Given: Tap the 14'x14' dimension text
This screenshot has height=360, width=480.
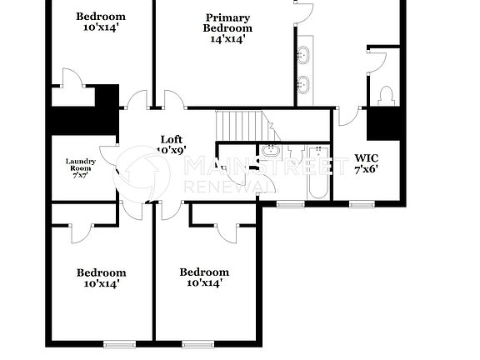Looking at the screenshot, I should (x=227, y=38).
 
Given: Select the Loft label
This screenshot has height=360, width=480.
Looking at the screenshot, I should (x=172, y=140).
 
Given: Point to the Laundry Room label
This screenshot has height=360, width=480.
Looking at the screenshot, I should (x=81, y=165).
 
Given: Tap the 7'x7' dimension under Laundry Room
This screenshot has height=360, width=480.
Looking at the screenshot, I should (x=81, y=176).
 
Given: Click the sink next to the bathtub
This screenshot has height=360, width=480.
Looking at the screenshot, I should (x=271, y=151).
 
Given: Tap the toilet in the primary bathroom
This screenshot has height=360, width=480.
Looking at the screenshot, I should (x=386, y=96).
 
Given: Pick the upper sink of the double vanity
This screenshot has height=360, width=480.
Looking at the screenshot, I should (x=303, y=56).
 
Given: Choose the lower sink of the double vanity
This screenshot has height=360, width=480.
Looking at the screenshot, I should (x=303, y=83).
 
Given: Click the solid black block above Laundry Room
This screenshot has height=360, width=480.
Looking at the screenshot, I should (x=82, y=120).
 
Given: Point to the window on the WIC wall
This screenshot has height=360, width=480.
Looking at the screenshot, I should (x=360, y=203).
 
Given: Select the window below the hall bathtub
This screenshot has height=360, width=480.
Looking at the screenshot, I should (x=290, y=203).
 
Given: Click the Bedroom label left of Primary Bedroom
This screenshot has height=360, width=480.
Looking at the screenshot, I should (x=101, y=17).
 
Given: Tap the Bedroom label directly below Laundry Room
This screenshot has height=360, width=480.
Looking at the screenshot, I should (x=101, y=272).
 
